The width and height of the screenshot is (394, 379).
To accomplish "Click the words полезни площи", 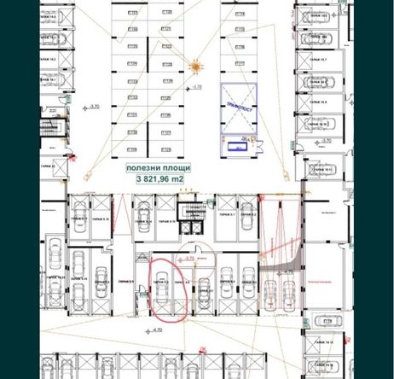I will click(159, 169).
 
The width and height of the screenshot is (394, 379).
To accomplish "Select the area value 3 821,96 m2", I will click(159, 179).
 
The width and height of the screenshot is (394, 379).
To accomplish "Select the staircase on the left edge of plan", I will click(53, 127).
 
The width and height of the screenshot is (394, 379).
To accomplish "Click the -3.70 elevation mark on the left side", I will click(91, 107).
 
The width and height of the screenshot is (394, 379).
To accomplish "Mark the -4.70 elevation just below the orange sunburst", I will click(196, 87).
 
